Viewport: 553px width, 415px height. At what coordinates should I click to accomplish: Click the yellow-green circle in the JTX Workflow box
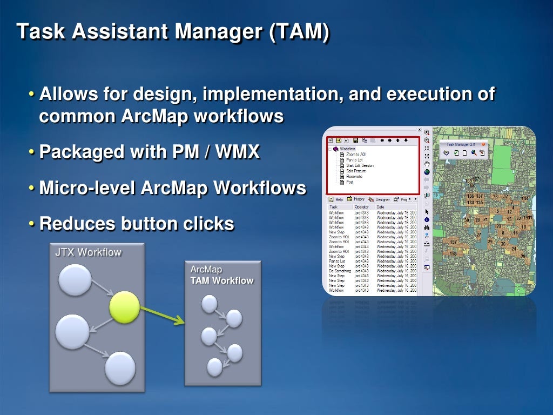tap(125, 307)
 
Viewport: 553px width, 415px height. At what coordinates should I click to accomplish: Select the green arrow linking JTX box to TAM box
tap(163, 316)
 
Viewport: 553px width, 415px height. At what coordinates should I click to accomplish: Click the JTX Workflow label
tap(88, 252)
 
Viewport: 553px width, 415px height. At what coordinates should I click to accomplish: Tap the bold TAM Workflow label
tap(221, 280)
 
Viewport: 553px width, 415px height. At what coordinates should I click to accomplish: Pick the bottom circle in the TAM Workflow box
tap(215, 367)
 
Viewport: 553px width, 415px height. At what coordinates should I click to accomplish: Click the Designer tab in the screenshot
tap(382, 199)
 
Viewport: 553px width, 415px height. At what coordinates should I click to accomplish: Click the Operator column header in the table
tap(361, 207)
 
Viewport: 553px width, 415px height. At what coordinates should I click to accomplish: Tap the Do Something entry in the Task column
tap(340, 271)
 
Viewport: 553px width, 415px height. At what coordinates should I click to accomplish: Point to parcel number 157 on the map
tap(453, 242)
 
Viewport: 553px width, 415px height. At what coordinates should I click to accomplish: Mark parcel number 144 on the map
tap(524, 198)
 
